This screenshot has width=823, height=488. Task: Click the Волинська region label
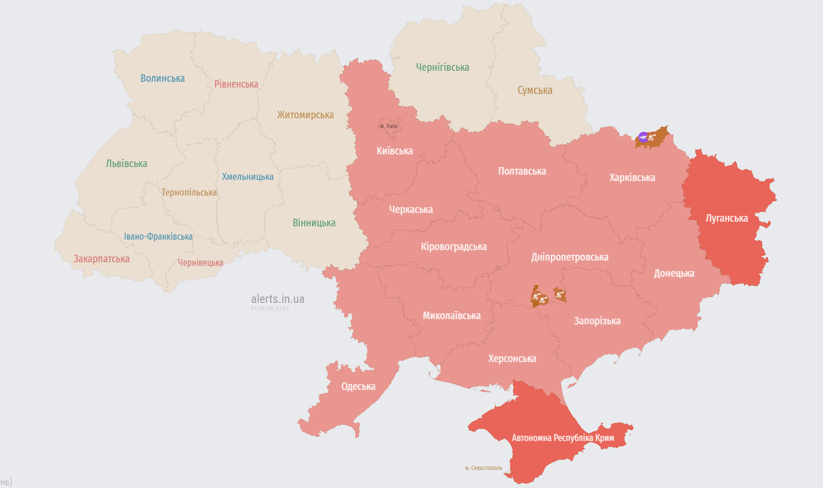163,78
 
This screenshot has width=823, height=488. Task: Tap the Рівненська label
236,84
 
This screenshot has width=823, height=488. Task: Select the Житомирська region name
305,115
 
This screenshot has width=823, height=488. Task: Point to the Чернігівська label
442,67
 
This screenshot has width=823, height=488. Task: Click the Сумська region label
535,91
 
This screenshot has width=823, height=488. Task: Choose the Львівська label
127,164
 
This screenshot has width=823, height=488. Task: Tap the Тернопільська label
189,192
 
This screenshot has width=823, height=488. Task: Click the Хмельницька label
247,177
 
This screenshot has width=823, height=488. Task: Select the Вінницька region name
314,223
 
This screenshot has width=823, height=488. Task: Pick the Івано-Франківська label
158,237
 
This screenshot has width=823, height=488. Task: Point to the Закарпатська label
102,259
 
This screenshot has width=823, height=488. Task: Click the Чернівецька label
200,263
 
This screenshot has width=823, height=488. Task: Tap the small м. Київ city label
388,126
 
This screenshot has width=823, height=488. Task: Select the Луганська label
727,218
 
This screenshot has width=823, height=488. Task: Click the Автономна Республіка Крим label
562,438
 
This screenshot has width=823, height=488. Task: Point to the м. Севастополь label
483,468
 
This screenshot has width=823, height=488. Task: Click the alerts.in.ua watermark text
277,299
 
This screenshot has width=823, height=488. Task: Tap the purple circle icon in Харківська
642,137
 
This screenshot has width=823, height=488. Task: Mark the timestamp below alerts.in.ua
270,309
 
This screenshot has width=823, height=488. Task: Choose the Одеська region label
358,386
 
